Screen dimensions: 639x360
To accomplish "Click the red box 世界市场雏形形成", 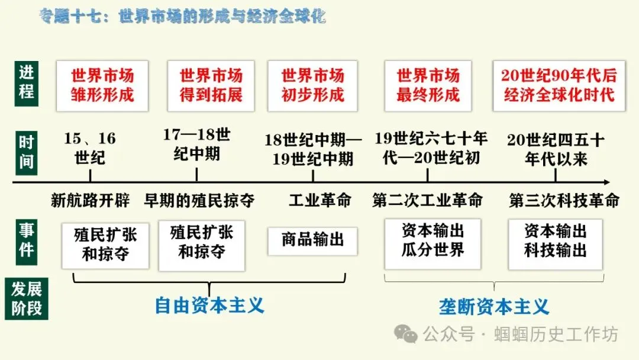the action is (x=102, y=85).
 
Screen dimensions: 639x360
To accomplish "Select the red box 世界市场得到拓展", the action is (x=211, y=85).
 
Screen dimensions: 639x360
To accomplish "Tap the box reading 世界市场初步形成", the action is (x=312, y=85).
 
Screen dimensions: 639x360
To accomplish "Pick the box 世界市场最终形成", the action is (x=428, y=85).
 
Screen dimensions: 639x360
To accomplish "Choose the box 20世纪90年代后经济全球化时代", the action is (x=559, y=85).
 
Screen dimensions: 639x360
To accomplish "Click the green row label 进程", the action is (x=27, y=83).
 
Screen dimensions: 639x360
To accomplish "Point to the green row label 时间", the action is (x=27, y=152).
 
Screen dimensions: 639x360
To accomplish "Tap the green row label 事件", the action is (x=27, y=240).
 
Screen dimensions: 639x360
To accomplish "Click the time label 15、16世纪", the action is (x=90, y=148).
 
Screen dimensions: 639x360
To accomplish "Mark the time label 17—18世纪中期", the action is (x=196, y=144).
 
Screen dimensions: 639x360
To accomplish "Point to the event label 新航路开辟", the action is (x=90, y=200).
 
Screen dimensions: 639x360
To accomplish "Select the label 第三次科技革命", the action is (x=564, y=200).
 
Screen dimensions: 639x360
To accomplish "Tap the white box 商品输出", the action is (x=312, y=240).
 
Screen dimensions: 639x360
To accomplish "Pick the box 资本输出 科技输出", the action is (x=555, y=242).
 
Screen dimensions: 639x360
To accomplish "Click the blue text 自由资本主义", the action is (x=209, y=306).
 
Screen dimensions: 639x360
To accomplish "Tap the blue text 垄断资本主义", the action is (x=494, y=307).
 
